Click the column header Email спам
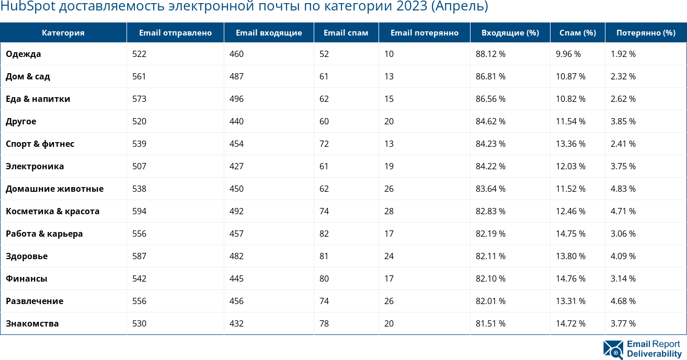click(x=346, y=32)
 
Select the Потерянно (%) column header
click(x=646, y=32)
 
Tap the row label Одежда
click(x=23, y=54)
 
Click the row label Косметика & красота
click(x=52, y=211)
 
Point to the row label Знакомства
click(x=32, y=323)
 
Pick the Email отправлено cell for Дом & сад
click(x=139, y=76)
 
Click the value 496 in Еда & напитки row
click(x=236, y=99)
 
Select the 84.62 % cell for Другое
click(x=490, y=121)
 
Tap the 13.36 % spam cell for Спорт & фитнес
click(x=570, y=144)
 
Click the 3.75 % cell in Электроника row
click(x=623, y=166)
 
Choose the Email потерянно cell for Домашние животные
click(x=389, y=189)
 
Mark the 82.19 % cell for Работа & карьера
click(x=490, y=234)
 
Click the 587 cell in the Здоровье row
click(x=139, y=256)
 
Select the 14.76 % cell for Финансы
click(x=570, y=278)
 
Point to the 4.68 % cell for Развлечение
click(x=623, y=301)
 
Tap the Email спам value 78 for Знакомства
click(x=324, y=323)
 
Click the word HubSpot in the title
click(x=27, y=7)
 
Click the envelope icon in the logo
click(x=613, y=350)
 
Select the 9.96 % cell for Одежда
click(x=568, y=54)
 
